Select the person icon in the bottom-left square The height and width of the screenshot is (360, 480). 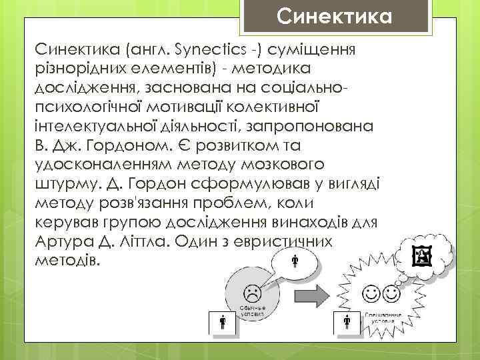[x=223, y=324]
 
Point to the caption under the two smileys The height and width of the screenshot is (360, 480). [x=382, y=316]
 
